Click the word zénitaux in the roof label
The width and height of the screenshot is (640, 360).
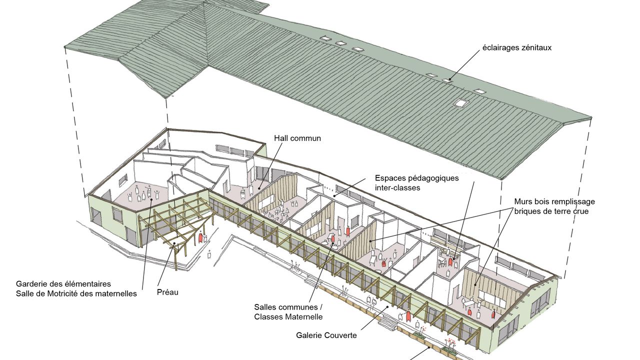tap(535, 48)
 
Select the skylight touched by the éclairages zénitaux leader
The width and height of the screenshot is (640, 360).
tap(446, 80)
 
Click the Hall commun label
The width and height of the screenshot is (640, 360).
tap(297, 138)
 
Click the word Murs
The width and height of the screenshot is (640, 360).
tap(523, 201)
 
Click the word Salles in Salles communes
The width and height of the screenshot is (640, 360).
tap(265, 307)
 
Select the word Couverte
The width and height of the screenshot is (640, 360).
tap(340, 335)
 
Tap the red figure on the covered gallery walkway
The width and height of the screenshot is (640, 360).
tap(408, 316)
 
